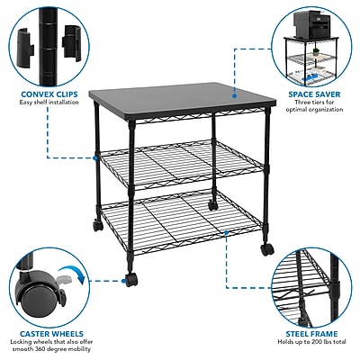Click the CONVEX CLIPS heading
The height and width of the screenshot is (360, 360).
[49, 94]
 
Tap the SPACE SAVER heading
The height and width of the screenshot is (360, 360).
[314, 94]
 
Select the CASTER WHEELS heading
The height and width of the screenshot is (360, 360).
[51, 334]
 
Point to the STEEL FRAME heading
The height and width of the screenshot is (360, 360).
[311, 334]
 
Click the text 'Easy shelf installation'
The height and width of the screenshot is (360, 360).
[49, 103]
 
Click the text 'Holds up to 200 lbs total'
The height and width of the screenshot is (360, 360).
[311, 342]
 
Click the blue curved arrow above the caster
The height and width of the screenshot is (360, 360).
[72, 273]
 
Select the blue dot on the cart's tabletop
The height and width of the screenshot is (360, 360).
[235, 95]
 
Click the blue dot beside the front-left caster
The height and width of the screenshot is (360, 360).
[123, 281]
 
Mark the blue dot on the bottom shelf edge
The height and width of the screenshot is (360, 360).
[226, 232]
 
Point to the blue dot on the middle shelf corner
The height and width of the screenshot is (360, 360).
[95, 157]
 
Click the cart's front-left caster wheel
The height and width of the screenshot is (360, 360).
[131, 280]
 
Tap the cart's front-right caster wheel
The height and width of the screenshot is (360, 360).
[267, 249]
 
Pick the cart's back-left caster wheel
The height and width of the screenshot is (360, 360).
[98, 225]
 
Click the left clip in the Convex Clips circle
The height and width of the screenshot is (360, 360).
[25, 44]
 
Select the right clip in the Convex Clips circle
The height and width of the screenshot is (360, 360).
[72, 42]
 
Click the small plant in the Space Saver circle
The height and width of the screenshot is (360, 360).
[316, 52]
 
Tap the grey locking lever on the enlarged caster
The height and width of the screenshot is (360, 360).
[65, 279]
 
